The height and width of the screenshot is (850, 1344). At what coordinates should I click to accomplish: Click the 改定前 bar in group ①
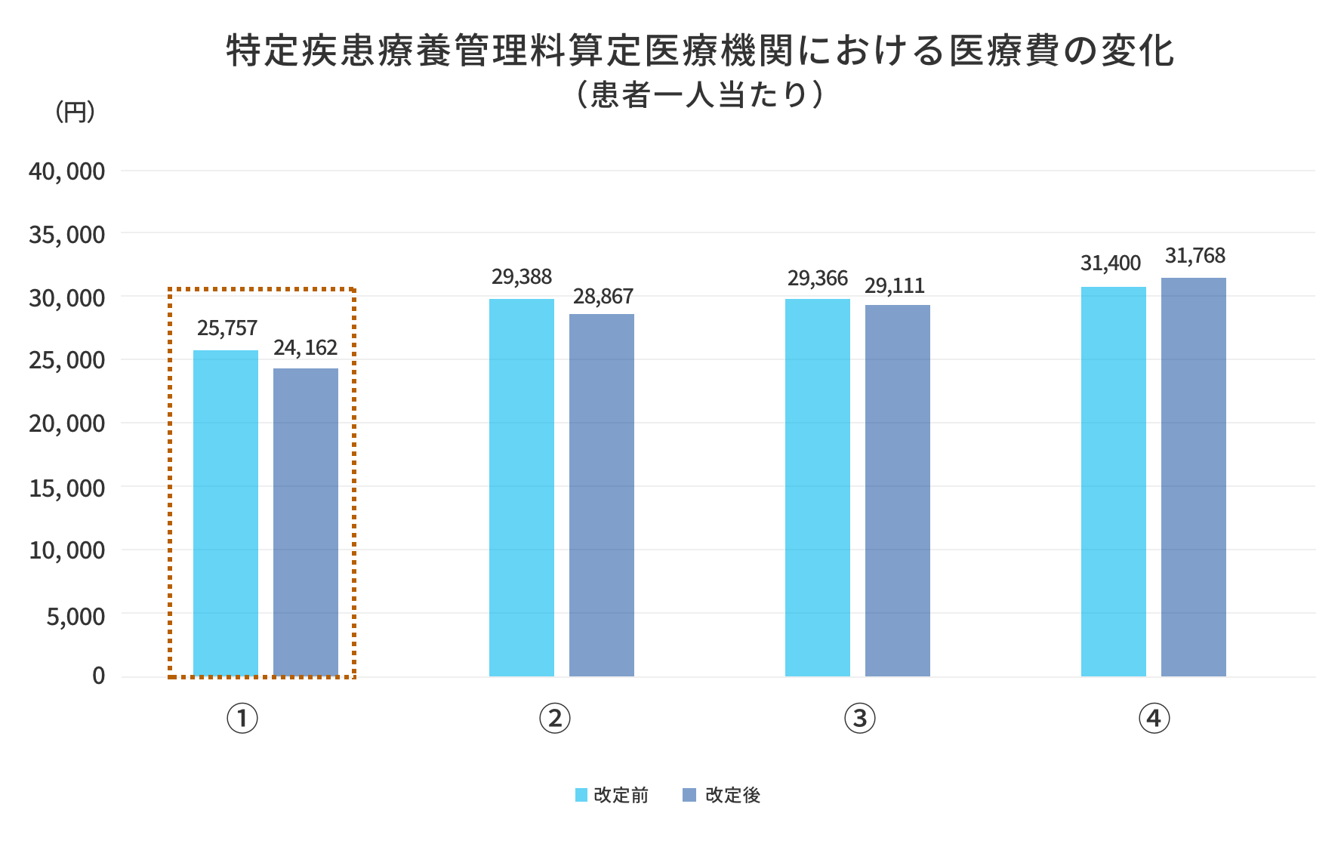[x=226, y=513]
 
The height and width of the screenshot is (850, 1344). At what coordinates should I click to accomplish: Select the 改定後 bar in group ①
[x=306, y=522]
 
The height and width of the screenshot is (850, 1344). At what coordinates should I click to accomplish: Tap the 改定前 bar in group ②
[x=522, y=488]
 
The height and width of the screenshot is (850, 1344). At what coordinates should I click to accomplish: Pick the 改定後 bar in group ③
[x=898, y=491]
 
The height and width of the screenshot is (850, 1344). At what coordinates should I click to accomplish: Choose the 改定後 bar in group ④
[x=1194, y=477]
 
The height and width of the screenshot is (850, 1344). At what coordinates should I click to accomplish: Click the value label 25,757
[x=227, y=328]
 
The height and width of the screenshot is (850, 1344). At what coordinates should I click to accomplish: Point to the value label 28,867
[x=603, y=297]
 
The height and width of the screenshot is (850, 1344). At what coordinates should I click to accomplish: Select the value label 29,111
[x=895, y=286]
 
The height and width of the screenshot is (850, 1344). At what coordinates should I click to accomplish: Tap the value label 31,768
[x=1195, y=256]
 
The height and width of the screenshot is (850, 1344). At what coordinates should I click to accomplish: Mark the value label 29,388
[x=522, y=277]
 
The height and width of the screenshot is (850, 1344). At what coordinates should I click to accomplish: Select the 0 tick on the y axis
[x=99, y=676]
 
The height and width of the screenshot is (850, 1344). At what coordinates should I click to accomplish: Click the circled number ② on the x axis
[x=555, y=719]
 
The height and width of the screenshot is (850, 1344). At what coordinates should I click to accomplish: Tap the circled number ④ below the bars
[x=1154, y=719]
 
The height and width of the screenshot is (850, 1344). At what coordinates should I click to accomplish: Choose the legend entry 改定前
[x=612, y=795]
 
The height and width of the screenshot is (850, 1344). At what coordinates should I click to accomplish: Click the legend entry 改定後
[x=723, y=795]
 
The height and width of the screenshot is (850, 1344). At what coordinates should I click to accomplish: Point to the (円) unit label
[x=75, y=112]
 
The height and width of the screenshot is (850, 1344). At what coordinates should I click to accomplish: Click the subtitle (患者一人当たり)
[x=698, y=96]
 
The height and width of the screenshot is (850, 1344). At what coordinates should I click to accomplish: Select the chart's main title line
[x=700, y=51]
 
